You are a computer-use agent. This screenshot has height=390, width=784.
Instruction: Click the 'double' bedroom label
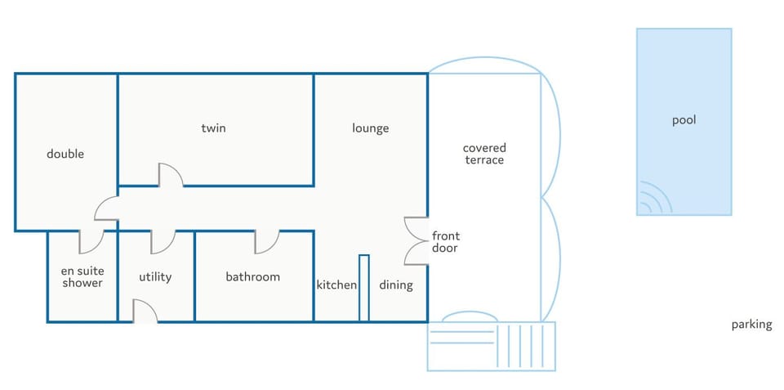65,154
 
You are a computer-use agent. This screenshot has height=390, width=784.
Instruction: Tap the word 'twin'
213,128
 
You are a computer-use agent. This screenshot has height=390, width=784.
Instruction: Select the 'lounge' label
371,128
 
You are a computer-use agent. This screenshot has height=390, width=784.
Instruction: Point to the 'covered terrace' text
484,154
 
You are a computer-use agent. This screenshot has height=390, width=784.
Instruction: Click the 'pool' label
684,121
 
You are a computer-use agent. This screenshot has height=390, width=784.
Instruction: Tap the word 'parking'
751,325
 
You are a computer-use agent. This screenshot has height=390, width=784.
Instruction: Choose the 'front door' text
446,241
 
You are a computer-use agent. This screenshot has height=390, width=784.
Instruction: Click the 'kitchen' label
336,285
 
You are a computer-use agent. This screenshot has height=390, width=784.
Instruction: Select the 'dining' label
396,285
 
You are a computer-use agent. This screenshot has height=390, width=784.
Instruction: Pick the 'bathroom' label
253,277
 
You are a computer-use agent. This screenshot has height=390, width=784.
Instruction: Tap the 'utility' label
155,277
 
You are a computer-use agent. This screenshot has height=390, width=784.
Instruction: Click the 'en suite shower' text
82,277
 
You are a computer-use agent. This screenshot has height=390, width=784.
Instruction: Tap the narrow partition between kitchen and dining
364,288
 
